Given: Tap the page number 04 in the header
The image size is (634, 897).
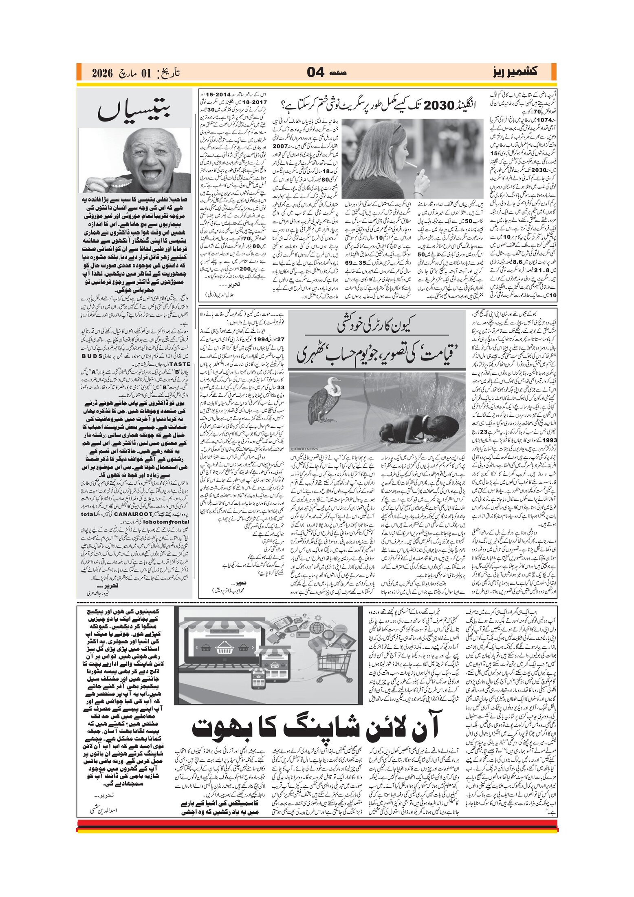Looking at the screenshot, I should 315,73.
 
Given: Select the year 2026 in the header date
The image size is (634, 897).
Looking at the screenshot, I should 102,73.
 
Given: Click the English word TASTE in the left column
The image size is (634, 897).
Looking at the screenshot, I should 180,364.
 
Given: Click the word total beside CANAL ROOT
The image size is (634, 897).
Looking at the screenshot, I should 88,514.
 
